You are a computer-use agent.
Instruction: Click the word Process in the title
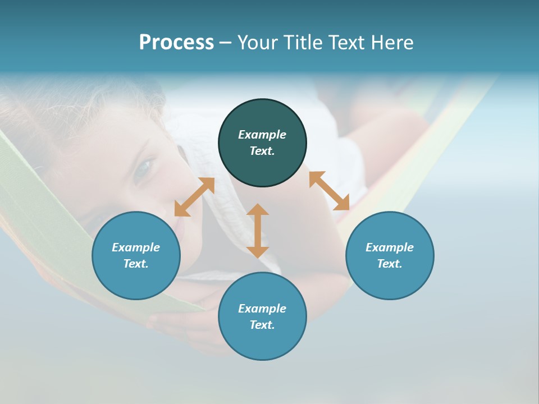coord(176,43)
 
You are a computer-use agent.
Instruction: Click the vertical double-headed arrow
coord(258,231)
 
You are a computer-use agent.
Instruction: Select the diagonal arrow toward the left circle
coord(194,197)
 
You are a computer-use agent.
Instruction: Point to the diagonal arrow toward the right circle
coord(329,191)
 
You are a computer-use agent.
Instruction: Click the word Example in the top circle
coord(262,135)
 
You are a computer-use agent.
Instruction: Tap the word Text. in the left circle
coord(136,264)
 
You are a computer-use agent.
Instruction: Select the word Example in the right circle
coord(390,247)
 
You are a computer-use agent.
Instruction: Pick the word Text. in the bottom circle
coord(262,325)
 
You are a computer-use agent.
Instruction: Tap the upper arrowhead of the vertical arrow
coord(258,210)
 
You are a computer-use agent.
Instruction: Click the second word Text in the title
coord(347,43)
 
